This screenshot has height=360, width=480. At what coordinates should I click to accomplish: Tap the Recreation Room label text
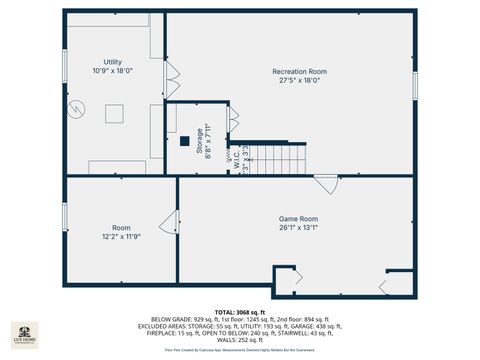(x=299, y=72)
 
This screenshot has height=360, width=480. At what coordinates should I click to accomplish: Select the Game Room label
(x=297, y=218)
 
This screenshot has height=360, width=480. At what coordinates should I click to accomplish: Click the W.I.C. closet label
(x=230, y=159)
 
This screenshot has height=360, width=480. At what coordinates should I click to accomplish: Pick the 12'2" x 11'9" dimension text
(x=121, y=236)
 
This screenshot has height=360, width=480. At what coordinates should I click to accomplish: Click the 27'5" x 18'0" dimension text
(x=299, y=82)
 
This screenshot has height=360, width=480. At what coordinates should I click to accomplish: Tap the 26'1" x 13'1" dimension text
(x=297, y=228)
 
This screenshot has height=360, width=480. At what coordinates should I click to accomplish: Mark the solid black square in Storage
(x=184, y=141)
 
